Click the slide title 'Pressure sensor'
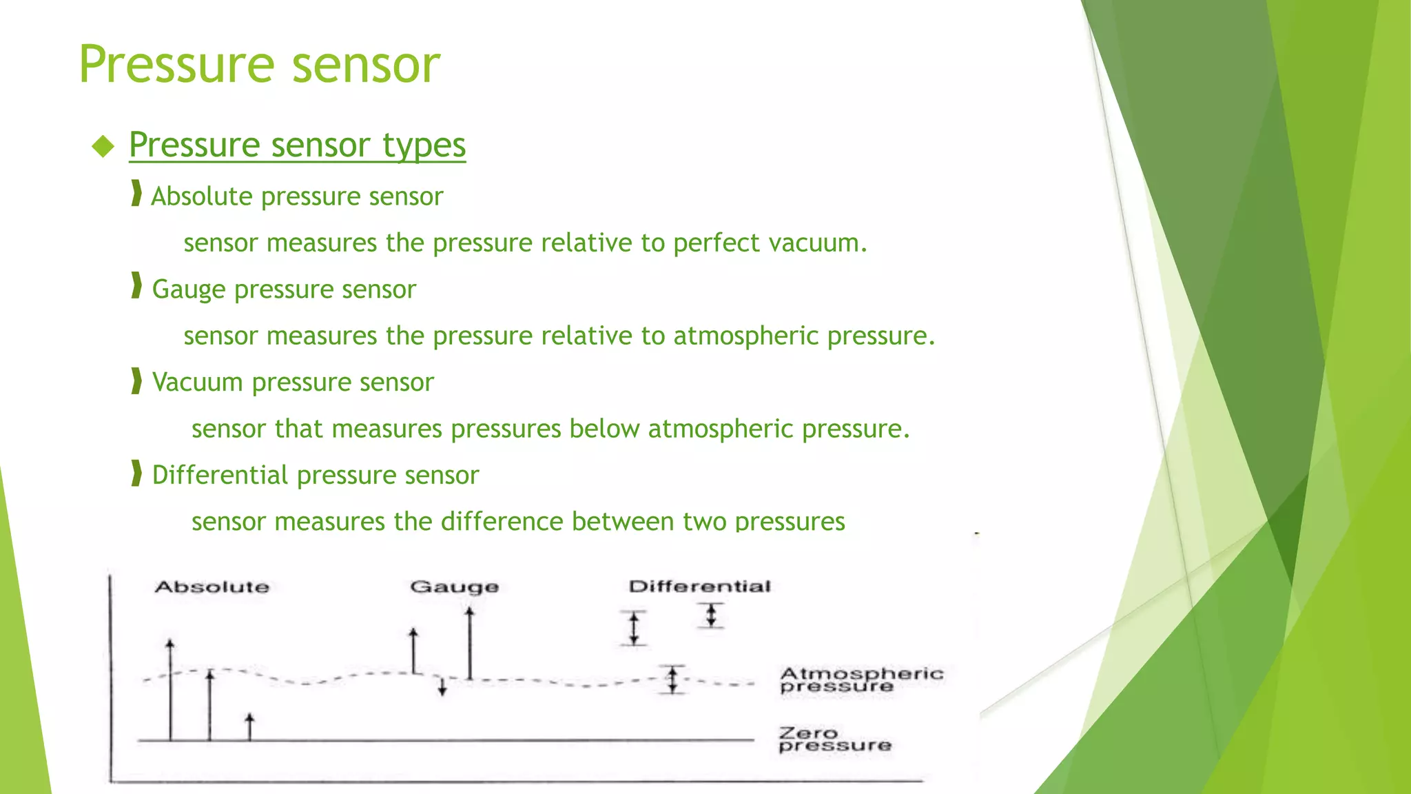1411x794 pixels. [x=259, y=64]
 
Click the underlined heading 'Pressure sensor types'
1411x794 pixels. [x=297, y=145]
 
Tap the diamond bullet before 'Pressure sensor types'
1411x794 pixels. [x=103, y=146]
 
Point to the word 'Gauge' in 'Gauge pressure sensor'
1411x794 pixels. [x=188, y=289]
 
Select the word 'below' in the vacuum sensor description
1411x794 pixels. [x=604, y=429]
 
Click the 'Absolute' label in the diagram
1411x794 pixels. [x=212, y=587]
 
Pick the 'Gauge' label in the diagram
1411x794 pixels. [x=454, y=587]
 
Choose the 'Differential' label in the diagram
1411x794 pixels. [x=699, y=587]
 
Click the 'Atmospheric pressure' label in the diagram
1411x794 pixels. [x=861, y=680]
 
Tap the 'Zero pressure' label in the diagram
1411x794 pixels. [x=834, y=739]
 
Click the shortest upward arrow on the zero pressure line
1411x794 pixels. [x=250, y=727]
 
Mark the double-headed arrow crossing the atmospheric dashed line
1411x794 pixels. [x=672, y=680]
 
